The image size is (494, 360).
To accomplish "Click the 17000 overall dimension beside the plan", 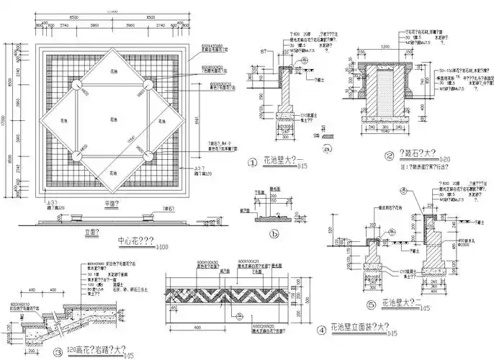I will pos(6,119).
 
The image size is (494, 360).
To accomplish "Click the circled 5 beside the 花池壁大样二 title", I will pos(371,305).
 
